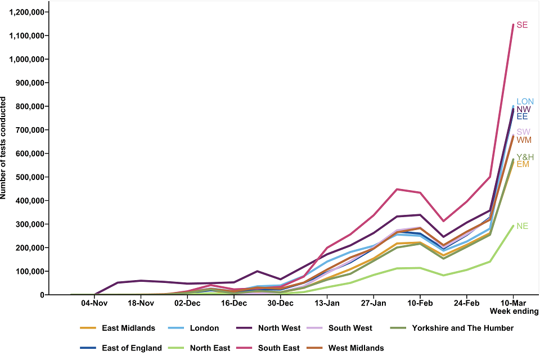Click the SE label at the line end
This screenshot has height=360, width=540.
click(x=522, y=25)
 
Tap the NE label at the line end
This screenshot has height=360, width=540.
click(x=522, y=226)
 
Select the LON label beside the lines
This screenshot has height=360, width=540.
click(x=525, y=102)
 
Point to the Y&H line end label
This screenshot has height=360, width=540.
click(x=525, y=157)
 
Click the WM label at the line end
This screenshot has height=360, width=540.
click(x=524, y=140)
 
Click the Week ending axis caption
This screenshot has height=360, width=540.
click(x=514, y=311)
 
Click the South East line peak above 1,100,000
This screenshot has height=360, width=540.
click(x=512, y=25)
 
